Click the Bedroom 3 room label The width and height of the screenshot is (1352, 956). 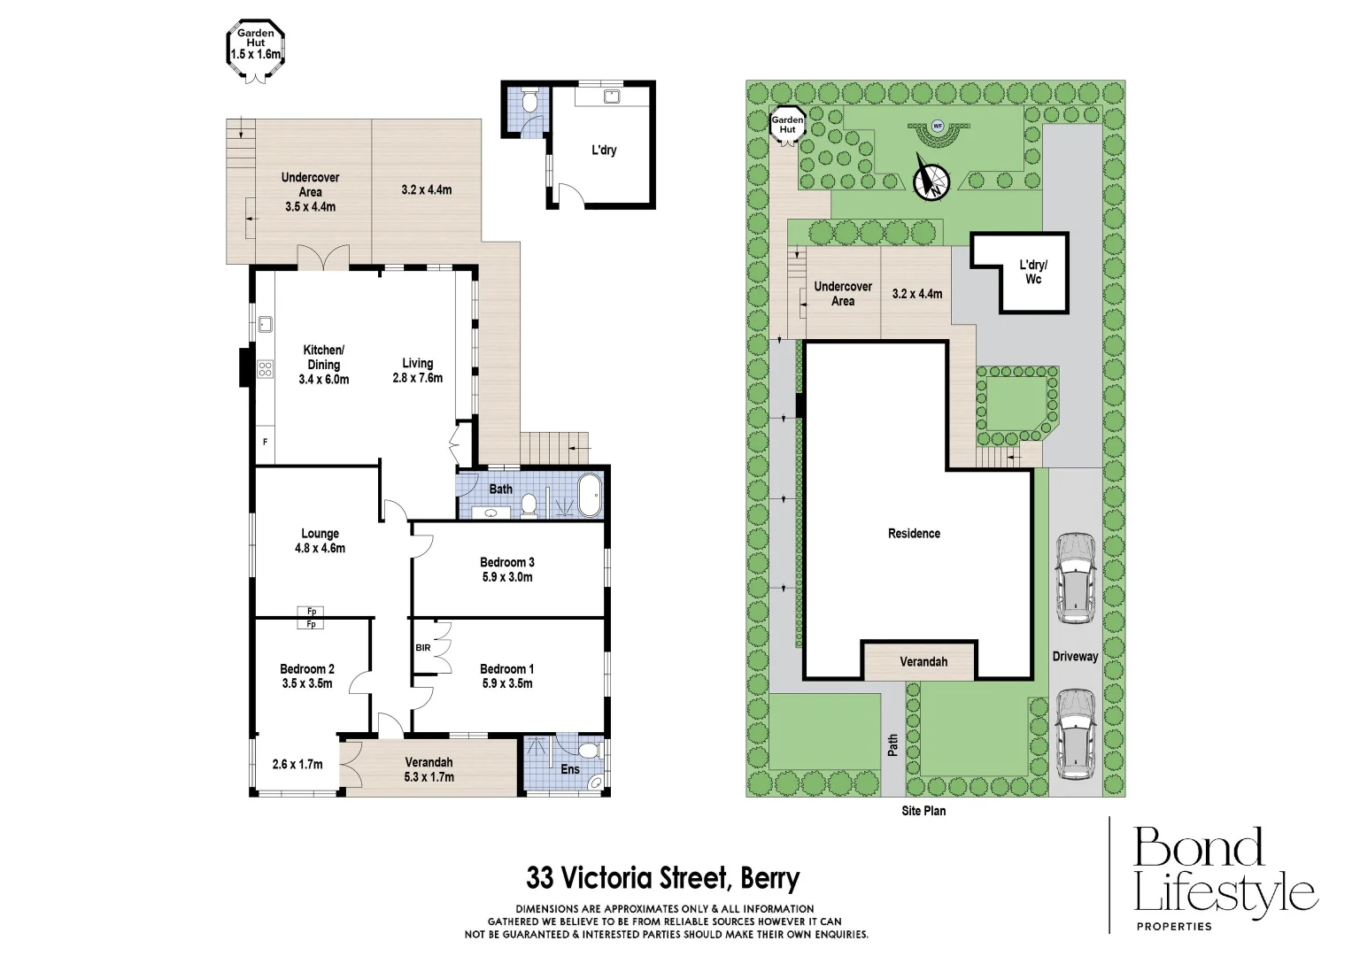coord(506,569)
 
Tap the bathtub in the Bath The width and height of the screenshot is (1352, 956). coord(588,496)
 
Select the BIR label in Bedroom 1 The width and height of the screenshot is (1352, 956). coord(422,648)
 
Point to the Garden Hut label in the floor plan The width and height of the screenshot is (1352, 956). coord(256,43)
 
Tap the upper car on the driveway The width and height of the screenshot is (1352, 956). coord(1075,577)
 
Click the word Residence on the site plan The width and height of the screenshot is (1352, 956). coord(914,533)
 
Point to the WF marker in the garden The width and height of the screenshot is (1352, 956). coord(937,125)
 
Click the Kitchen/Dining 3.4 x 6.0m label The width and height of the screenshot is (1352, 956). coord(323,365)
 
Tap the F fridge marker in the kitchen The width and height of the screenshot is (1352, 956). coord(265,441)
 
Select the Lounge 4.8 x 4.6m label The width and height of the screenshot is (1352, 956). coord(320,540)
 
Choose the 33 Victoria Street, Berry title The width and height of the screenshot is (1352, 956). coord(662,878)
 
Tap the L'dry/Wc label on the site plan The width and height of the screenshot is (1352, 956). coord(1032,272)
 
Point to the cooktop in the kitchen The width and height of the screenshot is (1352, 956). coord(264,368)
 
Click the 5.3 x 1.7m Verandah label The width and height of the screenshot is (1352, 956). coord(429,769)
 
